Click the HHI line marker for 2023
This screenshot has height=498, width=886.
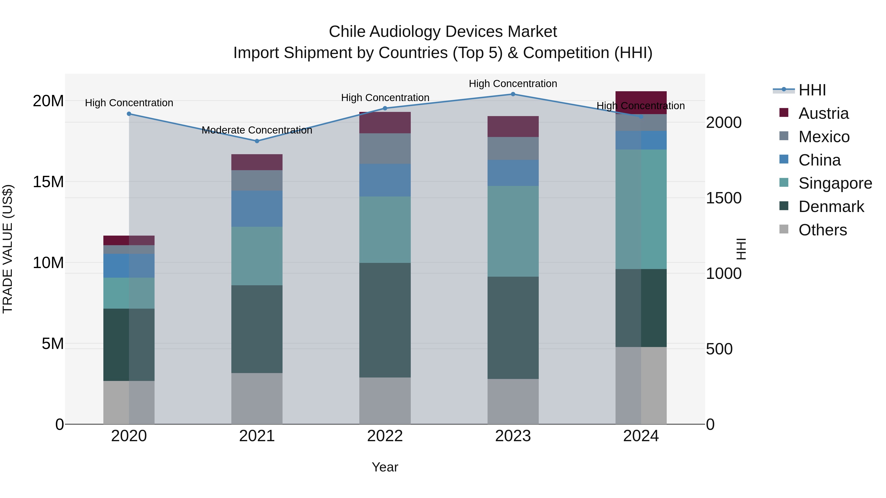click(x=513, y=94)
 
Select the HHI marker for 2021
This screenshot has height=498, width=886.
click(x=257, y=141)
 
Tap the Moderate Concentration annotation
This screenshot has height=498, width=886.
click(x=257, y=130)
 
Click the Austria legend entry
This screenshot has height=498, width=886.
click(x=823, y=113)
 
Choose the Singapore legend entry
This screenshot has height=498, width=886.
click(x=835, y=183)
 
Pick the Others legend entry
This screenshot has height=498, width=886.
click(x=822, y=230)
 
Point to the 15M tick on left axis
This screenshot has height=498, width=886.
click(x=48, y=182)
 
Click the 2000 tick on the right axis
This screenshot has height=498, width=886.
click(x=724, y=123)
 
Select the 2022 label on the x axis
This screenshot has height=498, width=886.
click(x=385, y=436)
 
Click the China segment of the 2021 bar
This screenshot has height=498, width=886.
click(x=257, y=209)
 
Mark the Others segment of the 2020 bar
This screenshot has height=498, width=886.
click(x=129, y=402)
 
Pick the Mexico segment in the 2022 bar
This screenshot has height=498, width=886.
click(x=385, y=149)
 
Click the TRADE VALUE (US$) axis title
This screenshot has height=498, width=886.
click(x=8, y=249)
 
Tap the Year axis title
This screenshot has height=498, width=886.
click(x=385, y=467)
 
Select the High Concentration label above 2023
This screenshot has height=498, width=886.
click(x=513, y=84)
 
